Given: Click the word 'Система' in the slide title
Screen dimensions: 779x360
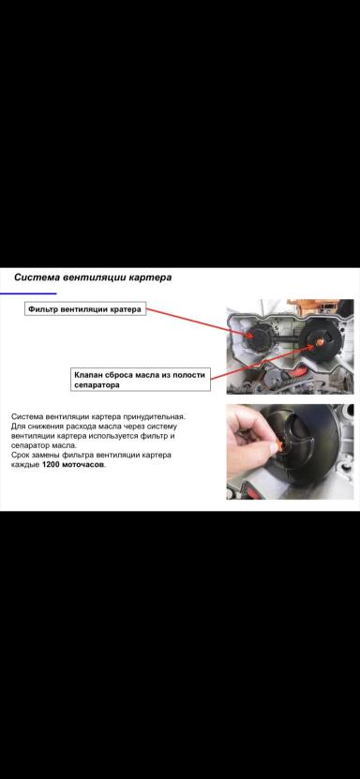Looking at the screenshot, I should pyautogui.click(x=37, y=277).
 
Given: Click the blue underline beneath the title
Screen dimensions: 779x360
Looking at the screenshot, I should pyautogui.click(x=28, y=293).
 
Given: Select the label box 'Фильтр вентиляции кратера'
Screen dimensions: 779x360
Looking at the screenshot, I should pyautogui.click(x=85, y=309).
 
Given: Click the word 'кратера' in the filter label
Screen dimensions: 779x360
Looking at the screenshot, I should pyautogui.click(x=125, y=309).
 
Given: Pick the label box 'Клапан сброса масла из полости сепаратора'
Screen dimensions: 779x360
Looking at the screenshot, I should pyautogui.click(x=140, y=380).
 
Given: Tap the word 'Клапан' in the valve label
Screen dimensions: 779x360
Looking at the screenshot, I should pyautogui.click(x=92, y=374).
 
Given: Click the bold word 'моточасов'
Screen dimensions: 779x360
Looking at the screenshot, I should pyautogui.click(x=84, y=465).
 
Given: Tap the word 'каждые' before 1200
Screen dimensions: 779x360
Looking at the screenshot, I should pyautogui.click(x=25, y=465).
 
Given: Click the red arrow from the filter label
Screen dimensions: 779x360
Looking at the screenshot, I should pyautogui.click(x=197, y=321).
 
